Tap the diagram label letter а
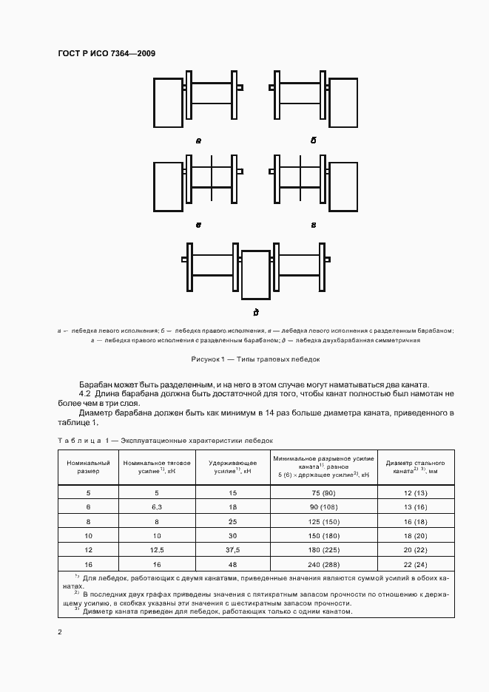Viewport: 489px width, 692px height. click(198, 140)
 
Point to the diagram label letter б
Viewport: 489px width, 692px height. click(313, 140)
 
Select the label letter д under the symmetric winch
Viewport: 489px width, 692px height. click(255, 311)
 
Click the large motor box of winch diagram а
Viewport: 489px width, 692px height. click(168, 101)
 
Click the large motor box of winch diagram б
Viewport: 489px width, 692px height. click(343, 101)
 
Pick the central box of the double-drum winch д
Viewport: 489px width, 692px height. click(256, 273)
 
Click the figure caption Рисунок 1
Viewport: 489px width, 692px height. click(254, 359)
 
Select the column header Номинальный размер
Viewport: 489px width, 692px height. click(88, 467)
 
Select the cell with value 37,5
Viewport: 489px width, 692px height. click(233, 550)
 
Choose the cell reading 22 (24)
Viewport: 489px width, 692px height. click(414, 564)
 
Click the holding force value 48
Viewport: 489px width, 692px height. click(233, 564)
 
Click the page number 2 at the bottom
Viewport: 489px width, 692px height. click(60, 632)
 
